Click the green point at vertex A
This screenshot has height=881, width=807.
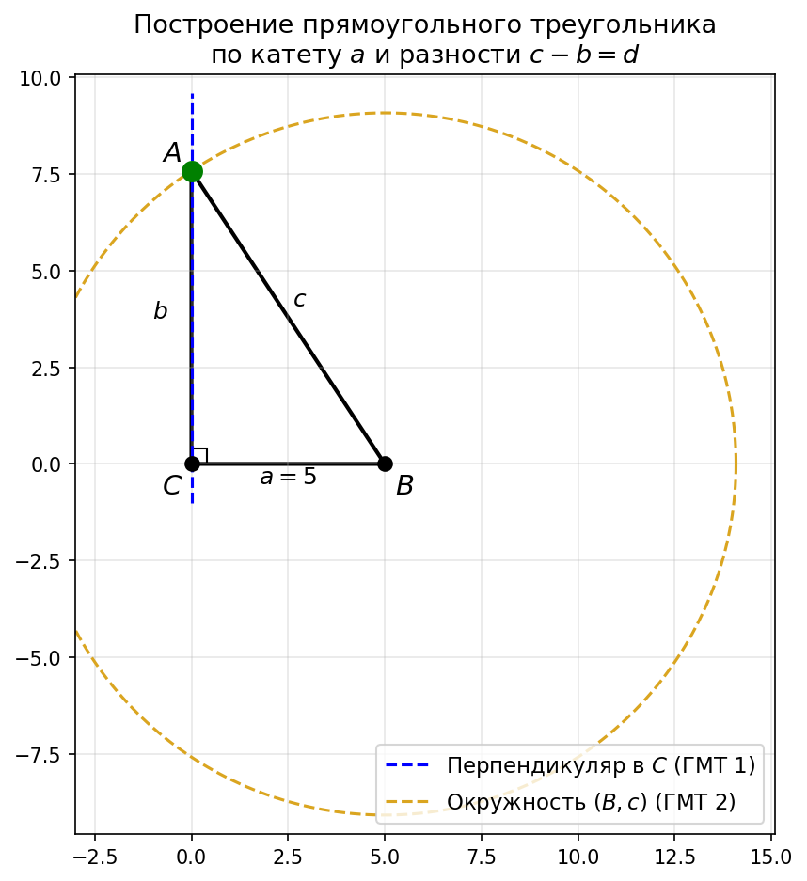[192, 171]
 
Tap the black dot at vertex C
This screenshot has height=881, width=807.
[192, 464]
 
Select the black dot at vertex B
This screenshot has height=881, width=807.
[385, 464]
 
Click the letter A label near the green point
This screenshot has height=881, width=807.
[171, 153]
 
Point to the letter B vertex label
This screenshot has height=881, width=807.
[404, 486]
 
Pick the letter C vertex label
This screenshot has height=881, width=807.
[171, 486]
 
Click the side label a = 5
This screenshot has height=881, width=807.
[288, 478]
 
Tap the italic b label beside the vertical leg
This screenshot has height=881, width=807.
[161, 311]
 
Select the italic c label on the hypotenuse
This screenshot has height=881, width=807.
[299, 300]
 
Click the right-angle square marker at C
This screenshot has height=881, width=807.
[199, 456]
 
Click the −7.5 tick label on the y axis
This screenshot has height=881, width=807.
[38, 755]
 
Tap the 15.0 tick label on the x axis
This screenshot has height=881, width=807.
[770, 857]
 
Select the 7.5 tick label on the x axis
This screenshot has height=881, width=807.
[481, 857]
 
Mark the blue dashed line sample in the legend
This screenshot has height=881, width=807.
[406, 766]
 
